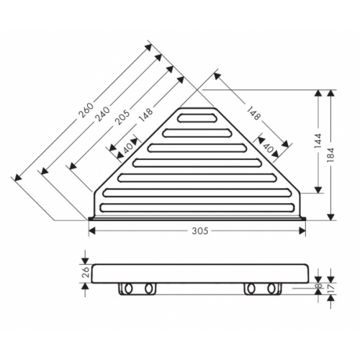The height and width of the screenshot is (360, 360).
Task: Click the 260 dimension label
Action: pos(86,109)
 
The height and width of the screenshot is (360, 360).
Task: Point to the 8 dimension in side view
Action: pos(319,288)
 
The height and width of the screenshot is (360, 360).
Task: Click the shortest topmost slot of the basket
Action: pos(200,117)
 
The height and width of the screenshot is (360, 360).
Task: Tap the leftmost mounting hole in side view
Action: pos(128,289)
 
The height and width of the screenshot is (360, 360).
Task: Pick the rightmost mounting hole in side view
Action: pos(273,289)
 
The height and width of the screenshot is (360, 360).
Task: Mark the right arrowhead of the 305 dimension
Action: pos(304,231)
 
